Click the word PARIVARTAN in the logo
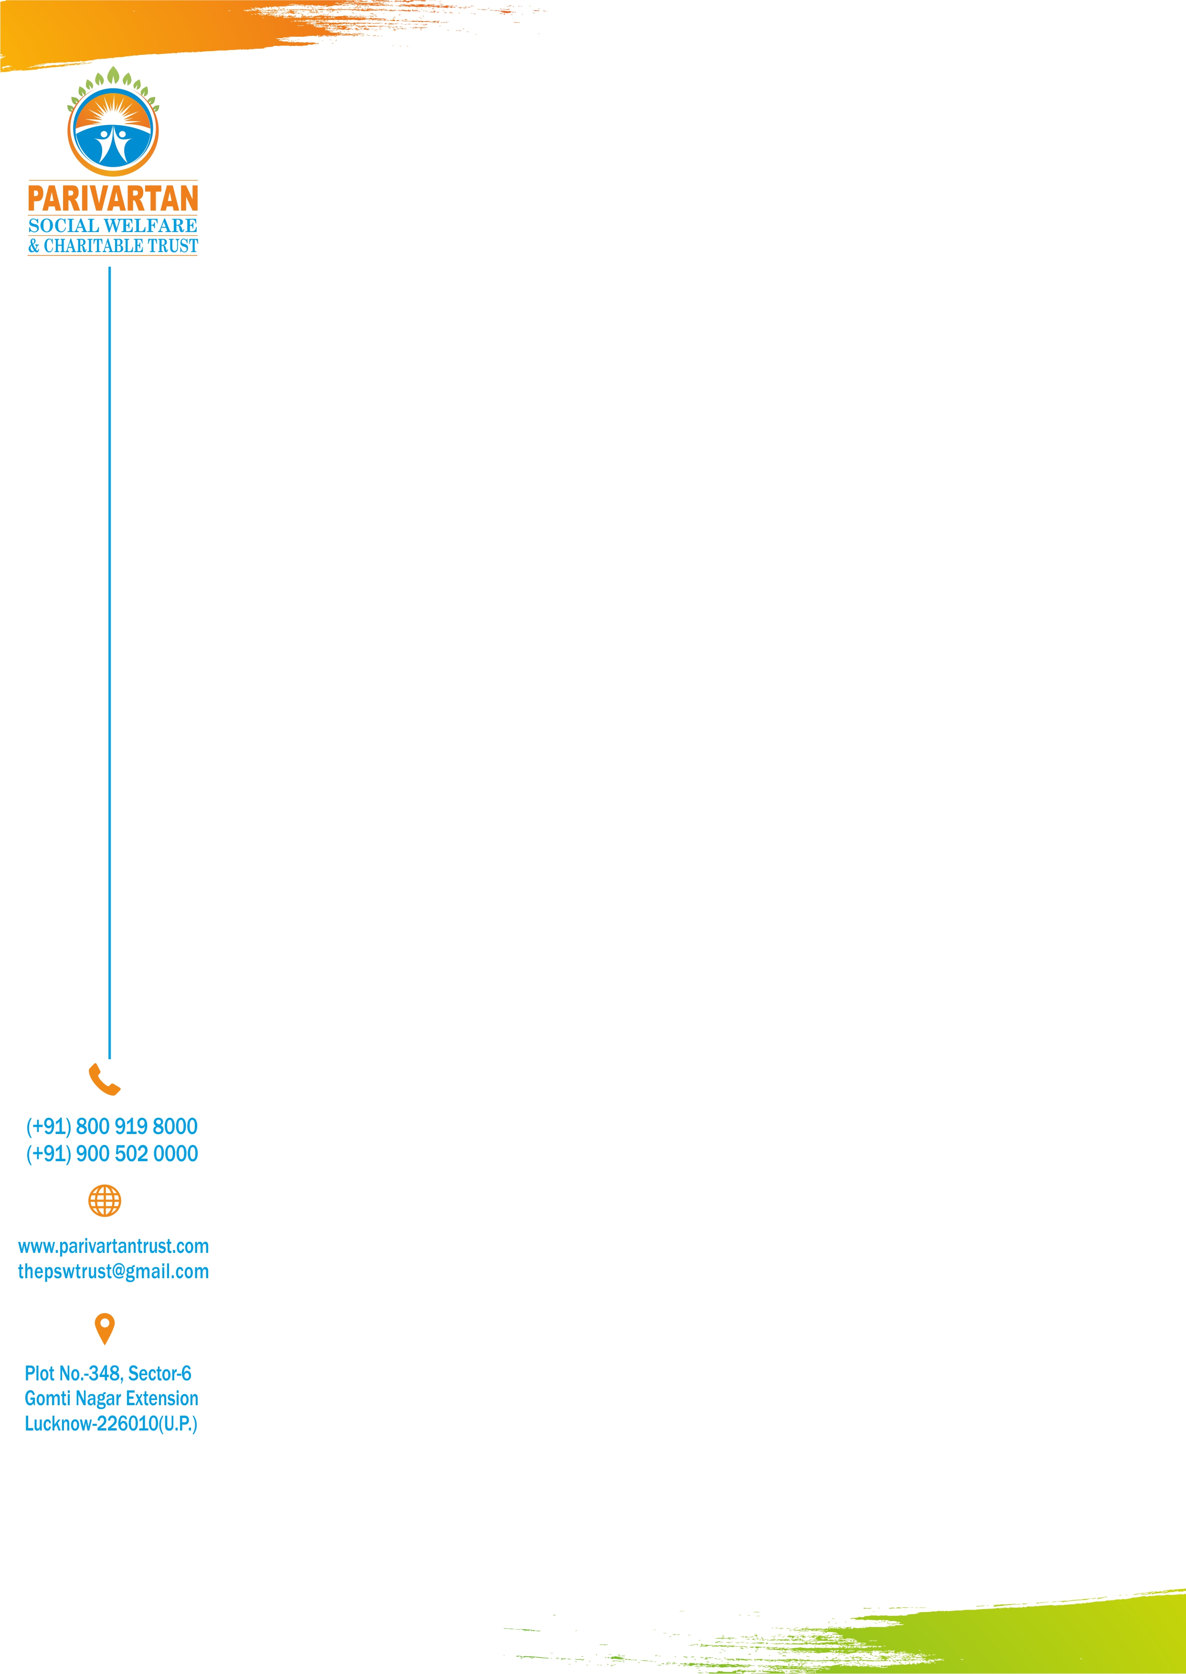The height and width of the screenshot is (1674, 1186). tap(113, 199)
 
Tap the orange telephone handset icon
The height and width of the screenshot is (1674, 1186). tap(105, 1080)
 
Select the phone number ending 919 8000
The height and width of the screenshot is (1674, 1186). tap(112, 1126)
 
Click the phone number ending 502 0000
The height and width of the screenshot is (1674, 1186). tap(112, 1154)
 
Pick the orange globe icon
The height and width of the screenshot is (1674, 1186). tap(105, 1201)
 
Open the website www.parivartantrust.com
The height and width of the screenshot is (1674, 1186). tap(113, 1247)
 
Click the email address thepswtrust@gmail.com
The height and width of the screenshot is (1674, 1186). tap(113, 1271)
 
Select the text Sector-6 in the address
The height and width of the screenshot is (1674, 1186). tap(159, 1374)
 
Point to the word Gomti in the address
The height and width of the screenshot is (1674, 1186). tap(47, 1399)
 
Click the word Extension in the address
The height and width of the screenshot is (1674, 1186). tap(162, 1399)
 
